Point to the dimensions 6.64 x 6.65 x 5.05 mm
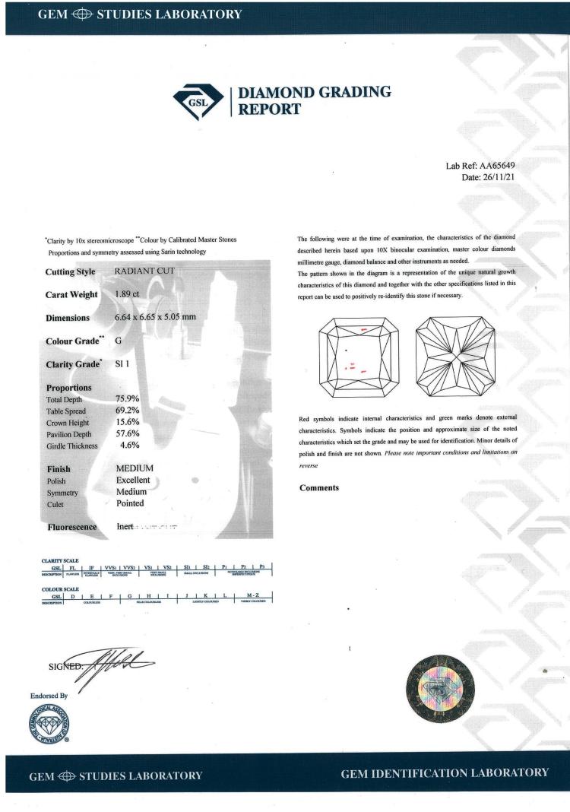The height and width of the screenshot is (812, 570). tap(156, 317)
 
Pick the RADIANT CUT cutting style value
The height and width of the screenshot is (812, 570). tap(144, 271)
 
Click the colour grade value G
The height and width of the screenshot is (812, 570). tap(118, 341)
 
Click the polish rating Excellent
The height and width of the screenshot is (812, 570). tap(133, 481)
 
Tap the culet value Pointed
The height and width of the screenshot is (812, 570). tap(129, 503)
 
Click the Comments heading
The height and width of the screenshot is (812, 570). tap(319, 487)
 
